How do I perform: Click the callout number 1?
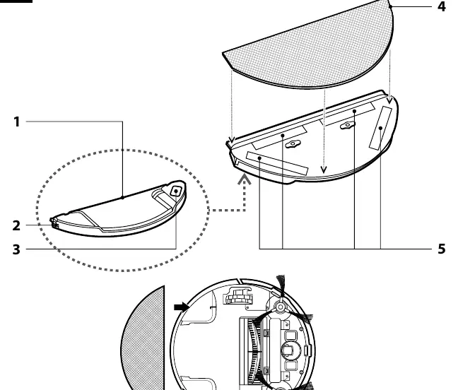(17, 122)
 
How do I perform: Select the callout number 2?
(17, 225)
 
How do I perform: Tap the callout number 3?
(17, 249)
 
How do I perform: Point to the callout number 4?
(442, 6)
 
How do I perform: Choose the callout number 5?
(442, 249)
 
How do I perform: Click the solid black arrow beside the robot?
(182, 307)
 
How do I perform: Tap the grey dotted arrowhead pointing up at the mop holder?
(244, 179)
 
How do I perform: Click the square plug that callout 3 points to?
(176, 191)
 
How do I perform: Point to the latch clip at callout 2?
(54, 224)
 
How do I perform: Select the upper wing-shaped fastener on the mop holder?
(348, 125)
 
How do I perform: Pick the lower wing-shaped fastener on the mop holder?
(293, 144)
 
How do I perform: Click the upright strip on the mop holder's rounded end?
(380, 128)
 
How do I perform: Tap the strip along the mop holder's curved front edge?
(277, 163)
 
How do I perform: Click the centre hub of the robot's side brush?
(281, 307)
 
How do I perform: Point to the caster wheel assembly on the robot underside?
(237, 296)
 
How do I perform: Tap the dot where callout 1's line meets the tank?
(122, 198)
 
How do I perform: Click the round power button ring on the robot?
(290, 350)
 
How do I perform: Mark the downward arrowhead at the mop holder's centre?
(323, 170)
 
